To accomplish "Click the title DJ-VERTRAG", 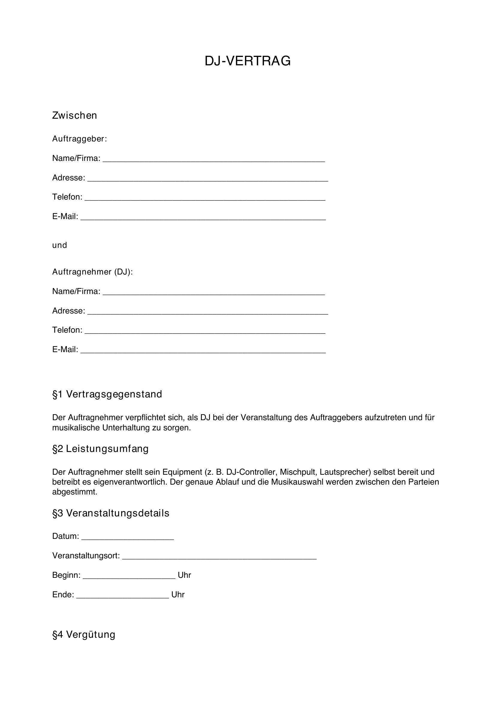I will pos(247,61).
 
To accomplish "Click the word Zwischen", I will pos(75,115).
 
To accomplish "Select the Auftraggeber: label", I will pos(79,139).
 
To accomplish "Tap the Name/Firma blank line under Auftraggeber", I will pos(214,159).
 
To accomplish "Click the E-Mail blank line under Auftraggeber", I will pos(203,217).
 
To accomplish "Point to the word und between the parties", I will pos(60,245).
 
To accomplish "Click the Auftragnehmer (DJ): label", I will pos(93,272).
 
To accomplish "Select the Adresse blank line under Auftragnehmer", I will pos(208,312).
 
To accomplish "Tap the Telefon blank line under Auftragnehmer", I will pos(205,331).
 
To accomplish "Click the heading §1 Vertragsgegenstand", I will pos(107,394).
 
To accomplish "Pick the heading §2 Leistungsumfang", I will pos(100,449).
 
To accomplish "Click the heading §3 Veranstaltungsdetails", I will pos(111,513).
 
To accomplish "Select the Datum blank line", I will pos(128,537).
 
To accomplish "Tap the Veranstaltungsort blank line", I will pos(219,557).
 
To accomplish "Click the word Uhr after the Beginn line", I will pos(184,575).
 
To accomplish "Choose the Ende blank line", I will pos(122,596).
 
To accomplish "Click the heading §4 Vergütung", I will pos(84,634).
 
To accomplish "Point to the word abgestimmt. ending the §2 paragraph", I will pos(75,492).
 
